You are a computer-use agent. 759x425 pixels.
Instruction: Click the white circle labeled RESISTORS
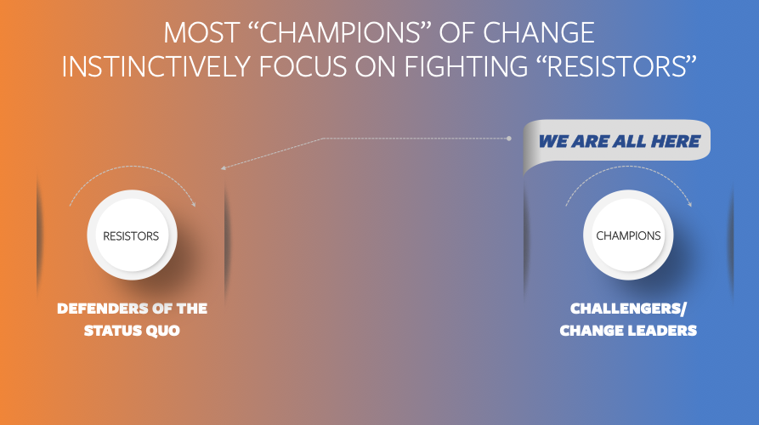click(x=132, y=235)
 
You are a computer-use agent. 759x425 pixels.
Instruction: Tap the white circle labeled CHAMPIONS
click(x=628, y=235)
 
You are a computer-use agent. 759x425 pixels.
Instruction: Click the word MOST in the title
click(x=201, y=33)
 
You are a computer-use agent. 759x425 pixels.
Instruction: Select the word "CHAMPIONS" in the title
click(x=340, y=33)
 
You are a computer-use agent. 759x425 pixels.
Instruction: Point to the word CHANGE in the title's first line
click(x=539, y=33)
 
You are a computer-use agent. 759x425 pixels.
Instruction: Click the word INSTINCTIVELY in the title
click(x=156, y=66)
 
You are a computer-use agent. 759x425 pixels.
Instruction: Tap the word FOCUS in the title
click(x=303, y=66)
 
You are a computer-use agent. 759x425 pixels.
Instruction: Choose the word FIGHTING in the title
click(x=466, y=66)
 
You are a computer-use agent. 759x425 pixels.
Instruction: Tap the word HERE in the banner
click(x=675, y=141)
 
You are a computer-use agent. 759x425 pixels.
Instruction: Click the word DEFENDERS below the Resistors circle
click(x=102, y=309)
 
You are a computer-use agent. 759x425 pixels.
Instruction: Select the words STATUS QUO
click(x=132, y=331)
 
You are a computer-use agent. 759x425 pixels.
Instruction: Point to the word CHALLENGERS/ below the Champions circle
click(x=628, y=309)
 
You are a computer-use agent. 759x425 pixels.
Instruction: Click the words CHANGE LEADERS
click(x=628, y=331)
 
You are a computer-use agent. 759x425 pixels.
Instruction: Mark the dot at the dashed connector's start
click(x=509, y=139)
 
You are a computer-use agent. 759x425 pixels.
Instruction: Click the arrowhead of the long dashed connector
click(x=224, y=168)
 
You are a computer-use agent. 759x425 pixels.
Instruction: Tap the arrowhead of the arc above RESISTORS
click(x=194, y=204)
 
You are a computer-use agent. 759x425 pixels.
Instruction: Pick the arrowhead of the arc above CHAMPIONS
click(x=690, y=204)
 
